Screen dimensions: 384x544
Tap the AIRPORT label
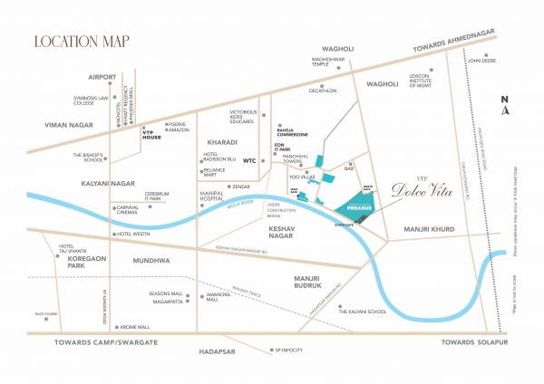(x=102, y=78)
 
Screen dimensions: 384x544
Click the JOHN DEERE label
(x=480, y=61)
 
